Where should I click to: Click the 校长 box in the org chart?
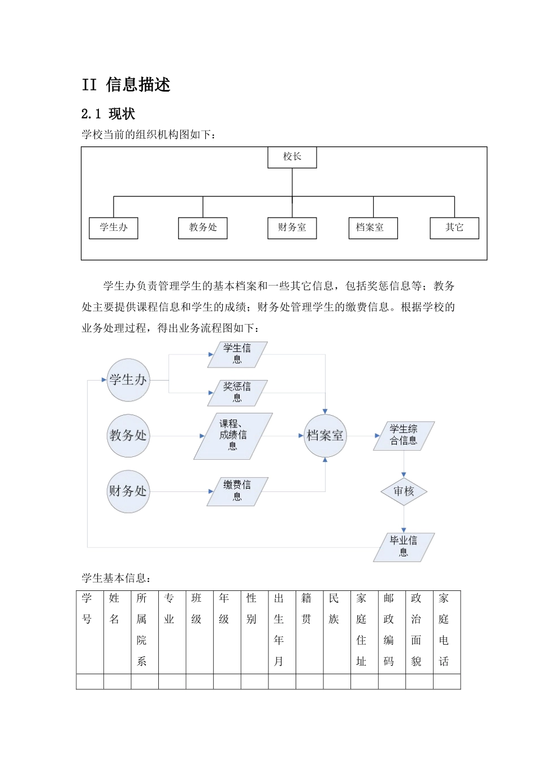(292, 157)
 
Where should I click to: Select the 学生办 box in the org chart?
(114, 228)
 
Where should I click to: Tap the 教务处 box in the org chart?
(203, 228)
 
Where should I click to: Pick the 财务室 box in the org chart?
(292, 228)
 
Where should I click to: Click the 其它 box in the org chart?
(454, 228)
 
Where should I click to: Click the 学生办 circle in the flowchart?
(128, 380)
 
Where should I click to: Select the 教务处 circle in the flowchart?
(128, 435)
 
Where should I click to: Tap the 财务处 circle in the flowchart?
(128, 491)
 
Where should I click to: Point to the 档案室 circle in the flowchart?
(325, 435)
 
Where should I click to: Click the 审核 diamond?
(404, 491)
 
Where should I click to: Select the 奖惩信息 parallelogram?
(237, 392)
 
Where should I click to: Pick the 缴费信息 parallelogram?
(237, 491)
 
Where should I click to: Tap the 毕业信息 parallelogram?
(404, 547)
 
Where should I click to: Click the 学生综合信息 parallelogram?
(404, 435)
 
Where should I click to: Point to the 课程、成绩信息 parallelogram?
(233, 435)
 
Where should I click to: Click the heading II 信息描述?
(126, 85)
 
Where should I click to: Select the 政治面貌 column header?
(417, 630)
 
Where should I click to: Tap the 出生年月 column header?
(279, 630)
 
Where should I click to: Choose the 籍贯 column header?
(307, 609)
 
